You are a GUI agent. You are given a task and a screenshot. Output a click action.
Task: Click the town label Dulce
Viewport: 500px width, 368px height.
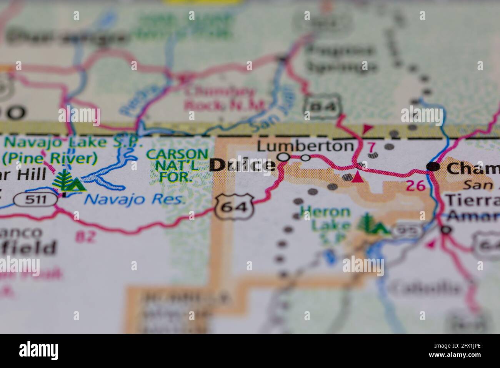(243, 165)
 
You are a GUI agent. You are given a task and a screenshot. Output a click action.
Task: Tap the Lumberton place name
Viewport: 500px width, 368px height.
(305, 146)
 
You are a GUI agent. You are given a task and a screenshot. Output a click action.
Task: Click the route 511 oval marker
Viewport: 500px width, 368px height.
(35, 199)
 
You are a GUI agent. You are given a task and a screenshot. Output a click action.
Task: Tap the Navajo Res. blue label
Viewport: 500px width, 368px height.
(135, 199)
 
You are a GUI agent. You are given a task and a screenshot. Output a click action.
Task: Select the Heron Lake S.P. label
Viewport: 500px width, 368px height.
(325, 221)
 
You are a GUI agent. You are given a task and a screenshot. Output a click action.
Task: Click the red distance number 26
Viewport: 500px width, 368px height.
(416, 186)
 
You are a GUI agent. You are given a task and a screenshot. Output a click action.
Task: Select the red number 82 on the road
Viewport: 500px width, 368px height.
(85, 236)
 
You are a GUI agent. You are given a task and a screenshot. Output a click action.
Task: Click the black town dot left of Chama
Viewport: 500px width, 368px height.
(433, 166)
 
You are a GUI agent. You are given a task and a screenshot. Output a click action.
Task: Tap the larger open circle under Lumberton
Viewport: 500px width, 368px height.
(283, 157)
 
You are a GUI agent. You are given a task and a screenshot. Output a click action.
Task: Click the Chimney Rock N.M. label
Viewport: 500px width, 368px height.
(225, 99)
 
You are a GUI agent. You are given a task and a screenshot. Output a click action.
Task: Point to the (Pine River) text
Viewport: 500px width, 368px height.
(49, 158)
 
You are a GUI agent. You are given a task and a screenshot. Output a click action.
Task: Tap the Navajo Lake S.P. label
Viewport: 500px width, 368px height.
(73, 143)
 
